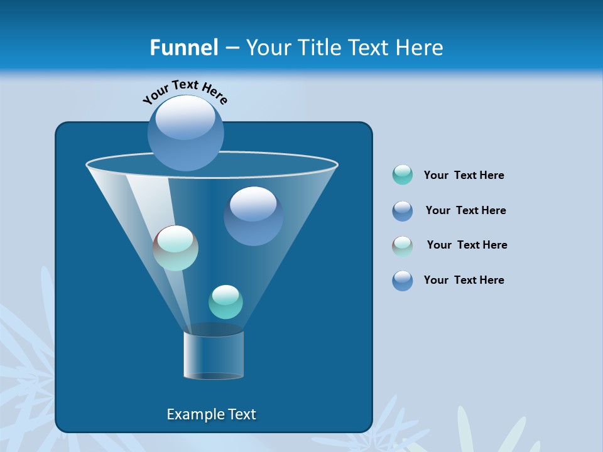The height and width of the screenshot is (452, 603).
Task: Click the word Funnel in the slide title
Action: [183, 48]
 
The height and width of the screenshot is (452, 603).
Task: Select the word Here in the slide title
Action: [420, 48]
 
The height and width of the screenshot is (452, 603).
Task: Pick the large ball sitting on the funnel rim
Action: [185, 132]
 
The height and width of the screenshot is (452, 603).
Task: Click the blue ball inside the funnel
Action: [253, 215]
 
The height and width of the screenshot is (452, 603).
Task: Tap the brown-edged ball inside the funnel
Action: [176, 248]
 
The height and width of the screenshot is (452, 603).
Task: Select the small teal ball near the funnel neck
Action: [225, 302]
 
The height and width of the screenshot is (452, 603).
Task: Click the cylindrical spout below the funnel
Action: [214, 355]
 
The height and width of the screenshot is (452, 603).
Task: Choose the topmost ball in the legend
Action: [403, 175]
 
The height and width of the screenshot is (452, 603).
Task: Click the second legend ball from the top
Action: [403, 211]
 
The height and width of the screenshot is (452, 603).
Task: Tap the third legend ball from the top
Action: [403, 246]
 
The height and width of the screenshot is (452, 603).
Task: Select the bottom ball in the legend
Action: [403, 281]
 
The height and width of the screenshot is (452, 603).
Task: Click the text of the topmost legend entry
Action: [464, 175]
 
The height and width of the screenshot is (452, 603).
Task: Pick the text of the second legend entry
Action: [465, 210]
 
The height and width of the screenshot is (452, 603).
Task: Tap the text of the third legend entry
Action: [467, 245]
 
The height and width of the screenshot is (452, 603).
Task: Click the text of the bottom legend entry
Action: [464, 280]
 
